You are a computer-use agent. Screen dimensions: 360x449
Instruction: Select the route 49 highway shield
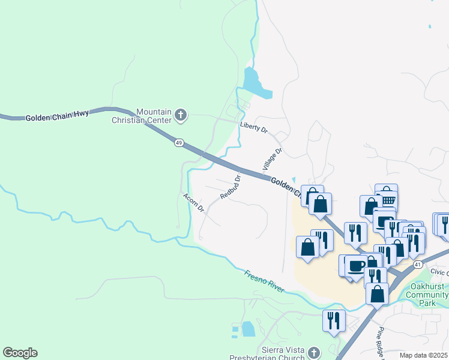click(x=179, y=143)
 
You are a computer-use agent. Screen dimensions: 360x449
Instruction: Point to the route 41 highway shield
click(x=418, y=264)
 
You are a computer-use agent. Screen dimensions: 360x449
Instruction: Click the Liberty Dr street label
click(x=252, y=127)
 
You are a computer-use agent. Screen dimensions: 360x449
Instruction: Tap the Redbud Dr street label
click(x=230, y=187)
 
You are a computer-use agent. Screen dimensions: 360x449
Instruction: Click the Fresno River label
click(x=264, y=281)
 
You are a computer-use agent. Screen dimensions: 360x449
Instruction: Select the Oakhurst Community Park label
click(x=426, y=295)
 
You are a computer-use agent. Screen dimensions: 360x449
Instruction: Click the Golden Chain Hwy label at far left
click(x=57, y=116)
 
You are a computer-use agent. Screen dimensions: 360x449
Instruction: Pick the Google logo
click(x=20, y=353)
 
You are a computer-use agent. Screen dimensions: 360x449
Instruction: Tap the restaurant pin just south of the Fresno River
click(x=334, y=320)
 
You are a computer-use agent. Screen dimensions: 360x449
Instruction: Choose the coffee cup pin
click(x=355, y=265)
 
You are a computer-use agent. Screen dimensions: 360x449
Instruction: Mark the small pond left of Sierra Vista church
click(x=247, y=329)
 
